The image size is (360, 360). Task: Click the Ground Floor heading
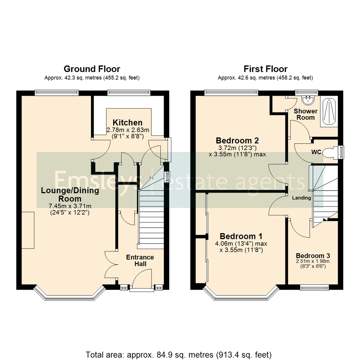tap(92, 69)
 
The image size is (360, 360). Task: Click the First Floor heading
tap(265, 69)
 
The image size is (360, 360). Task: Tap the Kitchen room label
tap(127, 122)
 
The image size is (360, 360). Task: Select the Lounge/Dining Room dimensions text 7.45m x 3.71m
tap(70, 206)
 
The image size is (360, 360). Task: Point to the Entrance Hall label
tap(140, 261)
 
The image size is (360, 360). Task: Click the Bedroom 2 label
tap(237, 140)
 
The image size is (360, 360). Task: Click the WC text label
tap(316, 152)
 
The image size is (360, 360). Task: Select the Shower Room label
tap(305, 114)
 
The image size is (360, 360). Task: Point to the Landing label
tap(302, 198)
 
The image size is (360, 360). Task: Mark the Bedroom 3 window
tap(314, 287)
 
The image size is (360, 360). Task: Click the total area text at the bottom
tap(179, 345)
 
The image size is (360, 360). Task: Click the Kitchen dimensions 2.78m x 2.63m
tap(127, 130)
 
